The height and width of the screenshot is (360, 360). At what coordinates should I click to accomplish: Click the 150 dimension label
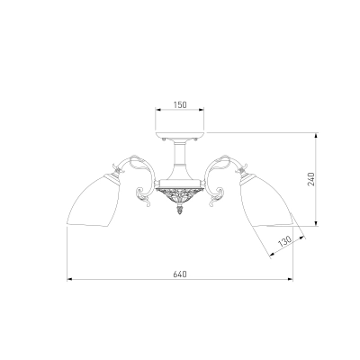180,104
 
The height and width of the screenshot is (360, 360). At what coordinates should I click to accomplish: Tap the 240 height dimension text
311,179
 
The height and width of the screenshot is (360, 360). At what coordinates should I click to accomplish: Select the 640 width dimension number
180,274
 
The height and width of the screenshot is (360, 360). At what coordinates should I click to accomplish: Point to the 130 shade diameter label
284,241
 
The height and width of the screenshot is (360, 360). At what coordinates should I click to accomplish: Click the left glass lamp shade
93,202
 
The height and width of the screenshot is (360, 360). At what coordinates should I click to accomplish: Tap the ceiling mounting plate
180,135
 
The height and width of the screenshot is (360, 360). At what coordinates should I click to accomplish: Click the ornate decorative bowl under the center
180,196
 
